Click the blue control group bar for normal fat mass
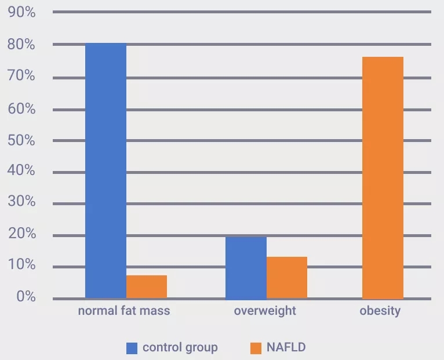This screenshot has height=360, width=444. pos(105,171)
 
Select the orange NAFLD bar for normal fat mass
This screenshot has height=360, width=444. pos(147,287)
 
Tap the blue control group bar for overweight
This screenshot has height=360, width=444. pos(246,268)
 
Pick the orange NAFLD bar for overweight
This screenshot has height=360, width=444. pos(287,278)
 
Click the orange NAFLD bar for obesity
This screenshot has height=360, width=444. pos(383,178)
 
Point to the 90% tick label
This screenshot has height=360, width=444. pos(22,12)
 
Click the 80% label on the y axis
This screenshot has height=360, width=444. pos(22,45)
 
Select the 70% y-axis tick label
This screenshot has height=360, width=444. pos(22,77)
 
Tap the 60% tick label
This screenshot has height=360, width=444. pos(22,108)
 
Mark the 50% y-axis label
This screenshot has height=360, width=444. pos(22,140)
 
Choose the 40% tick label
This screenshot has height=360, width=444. pos(22,171)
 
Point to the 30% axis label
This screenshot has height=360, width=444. pos(22,202)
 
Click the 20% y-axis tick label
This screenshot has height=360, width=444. pos(22,234)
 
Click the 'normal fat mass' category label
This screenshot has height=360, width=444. pos(124,311)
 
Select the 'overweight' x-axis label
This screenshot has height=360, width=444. pos(265,311)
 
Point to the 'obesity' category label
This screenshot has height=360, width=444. pos(380,311)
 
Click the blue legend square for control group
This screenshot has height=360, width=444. pos(132,348)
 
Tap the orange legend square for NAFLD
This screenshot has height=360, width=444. pos(256,348)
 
